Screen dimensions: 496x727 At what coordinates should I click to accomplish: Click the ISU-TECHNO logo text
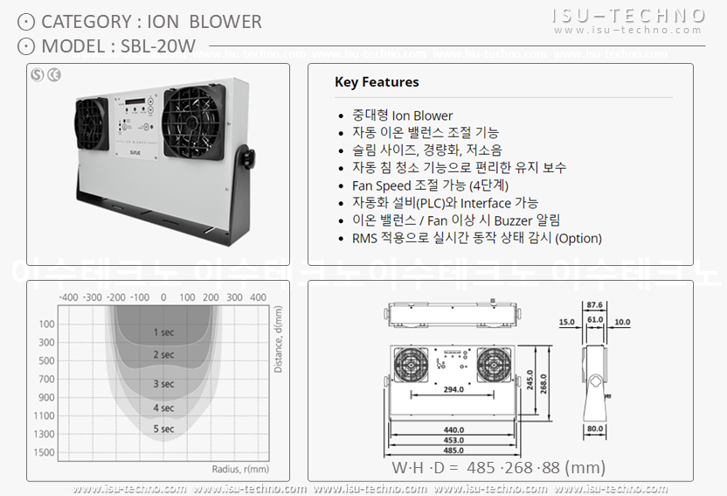point(628,15)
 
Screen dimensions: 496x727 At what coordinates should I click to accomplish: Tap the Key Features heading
point(377,82)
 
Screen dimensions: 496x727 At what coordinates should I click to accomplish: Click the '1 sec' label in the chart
point(163,332)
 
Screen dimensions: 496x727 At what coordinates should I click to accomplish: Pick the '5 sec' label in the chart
point(163,429)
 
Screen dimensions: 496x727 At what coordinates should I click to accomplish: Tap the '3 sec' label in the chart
point(163,383)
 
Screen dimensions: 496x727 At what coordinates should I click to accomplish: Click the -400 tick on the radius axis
point(69,297)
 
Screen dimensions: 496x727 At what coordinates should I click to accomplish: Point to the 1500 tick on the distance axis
point(44,452)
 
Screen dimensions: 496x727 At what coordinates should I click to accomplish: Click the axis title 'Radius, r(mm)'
point(241,468)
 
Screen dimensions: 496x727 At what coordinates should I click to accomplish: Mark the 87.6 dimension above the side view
point(595,304)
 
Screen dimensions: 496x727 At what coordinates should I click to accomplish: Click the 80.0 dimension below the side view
point(595,429)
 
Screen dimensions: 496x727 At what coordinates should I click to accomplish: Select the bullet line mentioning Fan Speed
point(430,185)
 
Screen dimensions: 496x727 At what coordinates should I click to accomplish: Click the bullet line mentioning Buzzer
point(456,220)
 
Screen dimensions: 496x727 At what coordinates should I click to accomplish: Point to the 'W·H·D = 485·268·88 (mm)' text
point(498,467)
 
